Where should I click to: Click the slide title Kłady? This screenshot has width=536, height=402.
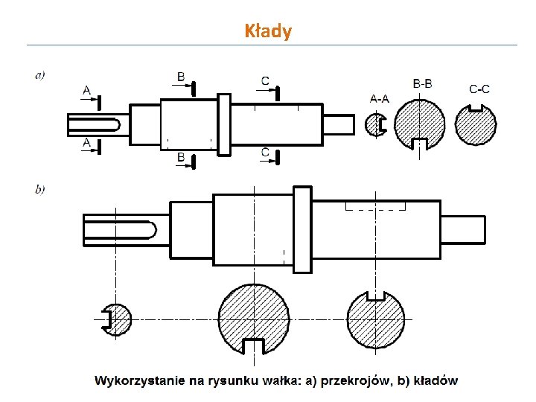268,31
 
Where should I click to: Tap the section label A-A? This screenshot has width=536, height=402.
379,98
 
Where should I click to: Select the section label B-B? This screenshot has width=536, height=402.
422,84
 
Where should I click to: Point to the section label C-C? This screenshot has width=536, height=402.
479,89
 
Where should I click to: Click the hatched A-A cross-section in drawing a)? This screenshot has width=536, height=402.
374,124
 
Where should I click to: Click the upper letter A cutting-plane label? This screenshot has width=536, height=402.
87,91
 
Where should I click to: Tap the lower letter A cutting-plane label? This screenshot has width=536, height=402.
87,141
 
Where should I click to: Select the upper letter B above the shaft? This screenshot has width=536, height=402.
181,77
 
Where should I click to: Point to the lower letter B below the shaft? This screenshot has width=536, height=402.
181,157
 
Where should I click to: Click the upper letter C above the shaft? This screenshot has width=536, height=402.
265,80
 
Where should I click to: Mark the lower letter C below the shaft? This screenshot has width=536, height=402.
265,152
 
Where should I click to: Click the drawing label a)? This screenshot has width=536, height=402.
39,74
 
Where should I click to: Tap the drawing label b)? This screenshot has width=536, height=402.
39,189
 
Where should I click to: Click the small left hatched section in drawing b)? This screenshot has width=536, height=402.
118,320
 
